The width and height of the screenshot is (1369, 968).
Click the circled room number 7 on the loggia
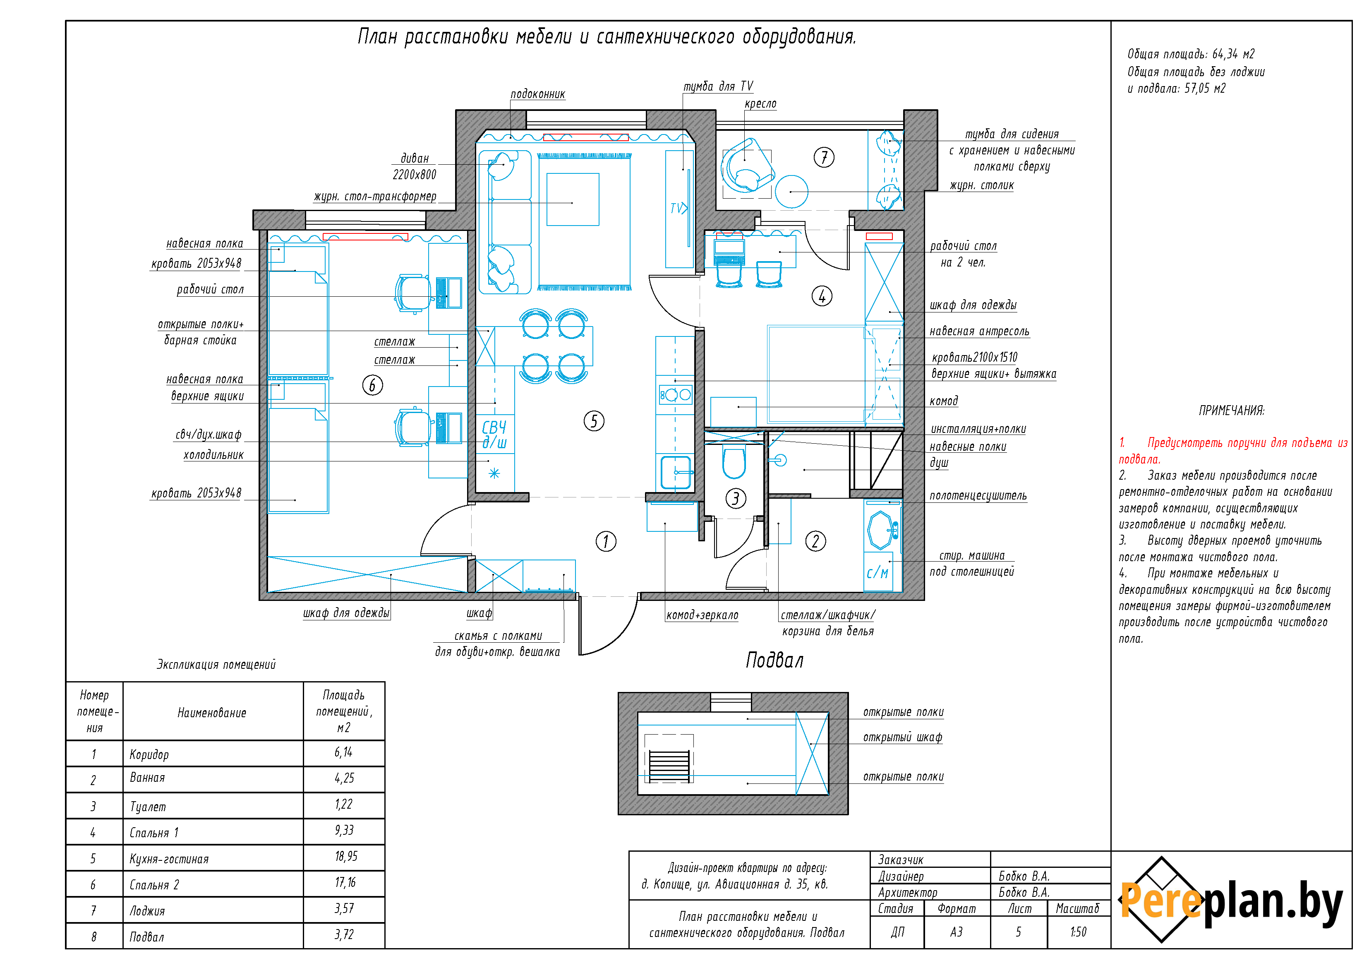pos(824,157)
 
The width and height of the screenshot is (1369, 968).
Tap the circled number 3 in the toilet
pos(736,498)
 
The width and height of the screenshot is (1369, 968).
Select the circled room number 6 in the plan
pos(373,385)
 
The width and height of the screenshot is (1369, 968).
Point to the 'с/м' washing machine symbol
pos(878,573)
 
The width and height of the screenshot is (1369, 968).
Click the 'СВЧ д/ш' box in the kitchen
pos(495,434)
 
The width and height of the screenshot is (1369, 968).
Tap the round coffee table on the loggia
pos(791,192)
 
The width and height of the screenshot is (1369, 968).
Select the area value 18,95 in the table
pos(346,857)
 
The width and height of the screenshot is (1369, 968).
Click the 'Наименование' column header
pos(212,713)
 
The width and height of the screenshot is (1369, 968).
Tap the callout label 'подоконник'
pos(538,94)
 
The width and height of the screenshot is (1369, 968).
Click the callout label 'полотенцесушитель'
pos(978,496)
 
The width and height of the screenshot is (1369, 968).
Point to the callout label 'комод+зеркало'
pos(702,615)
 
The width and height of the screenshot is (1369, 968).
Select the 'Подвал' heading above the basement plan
pos(774,660)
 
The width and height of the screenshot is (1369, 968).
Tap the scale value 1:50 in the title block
pos(1078,932)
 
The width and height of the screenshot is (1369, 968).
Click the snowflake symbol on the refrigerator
pos(494,473)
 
